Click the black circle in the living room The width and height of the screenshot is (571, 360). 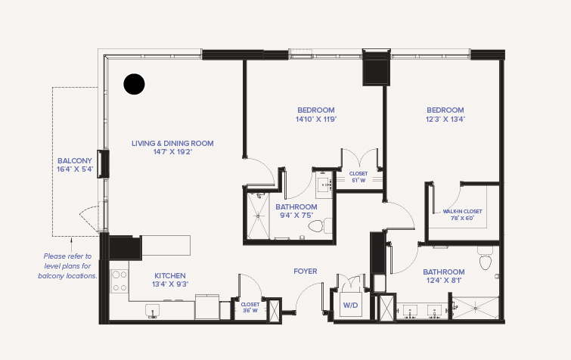coord(134,84)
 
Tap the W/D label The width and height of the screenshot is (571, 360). coord(350,305)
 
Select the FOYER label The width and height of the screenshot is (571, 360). coord(306,272)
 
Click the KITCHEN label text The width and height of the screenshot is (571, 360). coord(170,275)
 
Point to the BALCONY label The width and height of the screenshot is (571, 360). coord(75,160)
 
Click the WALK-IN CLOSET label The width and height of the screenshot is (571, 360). coord(463,211)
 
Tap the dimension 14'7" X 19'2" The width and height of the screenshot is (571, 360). coord(172,152)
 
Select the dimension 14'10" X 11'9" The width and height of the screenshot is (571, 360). coord(316,119)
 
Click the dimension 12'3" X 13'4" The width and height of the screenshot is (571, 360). coord(445,119)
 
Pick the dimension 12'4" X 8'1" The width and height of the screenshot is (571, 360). coord(444,281)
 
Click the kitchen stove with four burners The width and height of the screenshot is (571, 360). coord(119,281)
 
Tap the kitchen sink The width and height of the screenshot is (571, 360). coord(153,312)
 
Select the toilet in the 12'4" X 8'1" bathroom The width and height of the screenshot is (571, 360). coord(485,258)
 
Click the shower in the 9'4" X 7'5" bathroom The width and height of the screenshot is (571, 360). coord(258,216)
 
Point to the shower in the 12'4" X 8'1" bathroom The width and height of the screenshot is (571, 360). coord(475,308)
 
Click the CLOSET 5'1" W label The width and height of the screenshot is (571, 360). coord(358,177)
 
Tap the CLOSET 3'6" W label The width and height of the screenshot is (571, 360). coord(250,308)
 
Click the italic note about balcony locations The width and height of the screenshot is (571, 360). coord(68,266)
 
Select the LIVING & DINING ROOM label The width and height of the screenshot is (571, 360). coord(172,144)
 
